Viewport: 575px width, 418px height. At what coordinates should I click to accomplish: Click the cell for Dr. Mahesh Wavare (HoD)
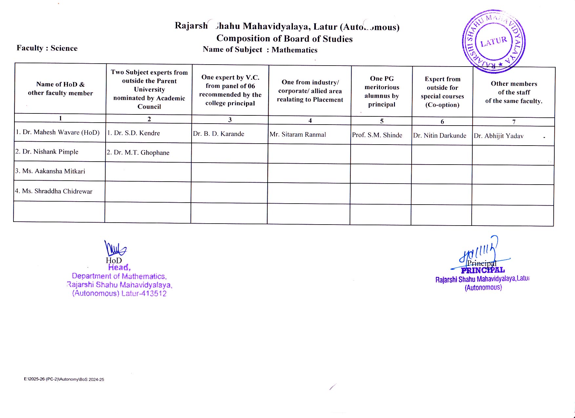point(58,132)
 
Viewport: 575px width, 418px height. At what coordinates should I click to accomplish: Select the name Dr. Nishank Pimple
point(47,152)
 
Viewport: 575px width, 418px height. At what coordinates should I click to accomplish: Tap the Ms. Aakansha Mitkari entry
point(50,171)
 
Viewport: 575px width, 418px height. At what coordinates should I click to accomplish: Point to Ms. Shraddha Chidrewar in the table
point(54,191)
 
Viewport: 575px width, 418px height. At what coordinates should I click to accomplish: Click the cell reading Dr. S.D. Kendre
point(133,133)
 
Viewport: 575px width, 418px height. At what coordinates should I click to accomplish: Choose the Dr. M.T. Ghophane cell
point(138,152)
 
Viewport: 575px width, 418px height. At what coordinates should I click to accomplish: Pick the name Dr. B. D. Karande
point(218,134)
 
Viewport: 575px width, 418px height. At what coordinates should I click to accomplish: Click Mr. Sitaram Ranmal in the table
point(298,134)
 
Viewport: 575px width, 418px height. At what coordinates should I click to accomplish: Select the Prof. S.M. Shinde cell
point(377,135)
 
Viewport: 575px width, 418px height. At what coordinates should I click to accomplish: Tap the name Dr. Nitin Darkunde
point(440,135)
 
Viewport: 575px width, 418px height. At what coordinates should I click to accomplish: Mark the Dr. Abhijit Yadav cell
point(499,136)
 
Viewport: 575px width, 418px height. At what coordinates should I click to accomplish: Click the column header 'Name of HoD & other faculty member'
point(60,89)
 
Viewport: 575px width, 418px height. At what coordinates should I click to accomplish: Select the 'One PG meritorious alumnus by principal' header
point(382,91)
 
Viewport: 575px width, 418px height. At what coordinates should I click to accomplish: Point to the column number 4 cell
point(310,120)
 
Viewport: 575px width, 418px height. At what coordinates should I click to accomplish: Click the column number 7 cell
point(514,122)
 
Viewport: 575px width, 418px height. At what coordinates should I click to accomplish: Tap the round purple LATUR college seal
point(494,41)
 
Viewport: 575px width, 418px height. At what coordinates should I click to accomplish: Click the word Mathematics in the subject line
point(294,50)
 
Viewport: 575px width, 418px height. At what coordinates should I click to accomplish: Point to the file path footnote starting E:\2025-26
point(64,379)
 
